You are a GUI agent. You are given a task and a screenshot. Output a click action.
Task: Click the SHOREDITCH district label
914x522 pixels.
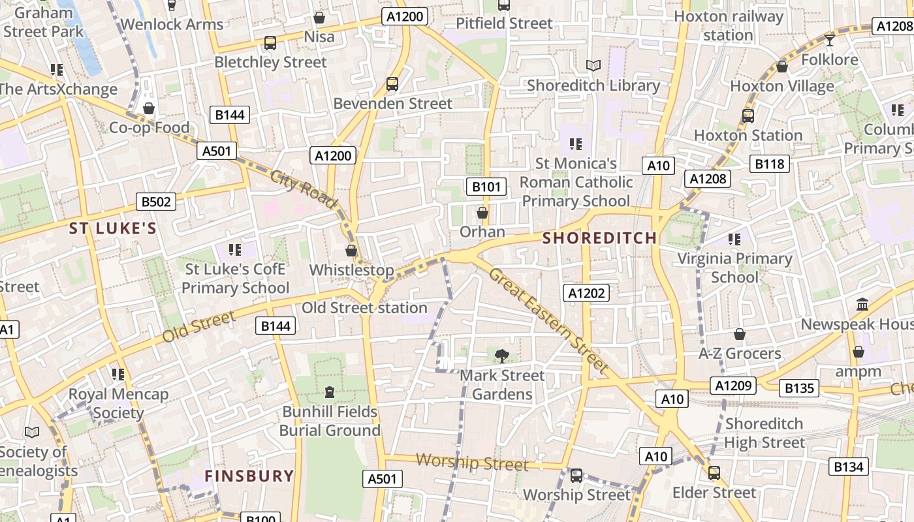click(599, 238)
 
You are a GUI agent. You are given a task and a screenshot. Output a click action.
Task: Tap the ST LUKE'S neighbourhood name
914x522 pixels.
click(113, 228)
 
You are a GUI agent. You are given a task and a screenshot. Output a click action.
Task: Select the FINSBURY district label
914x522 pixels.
click(249, 476)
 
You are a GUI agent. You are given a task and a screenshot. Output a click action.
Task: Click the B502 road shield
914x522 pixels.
click(156, 202)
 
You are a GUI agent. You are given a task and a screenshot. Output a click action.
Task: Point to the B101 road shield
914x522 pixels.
click(486, 187)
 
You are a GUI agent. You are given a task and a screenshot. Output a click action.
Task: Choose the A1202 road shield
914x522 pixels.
click(587, 294)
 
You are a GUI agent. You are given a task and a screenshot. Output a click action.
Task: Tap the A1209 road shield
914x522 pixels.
click(734, 386)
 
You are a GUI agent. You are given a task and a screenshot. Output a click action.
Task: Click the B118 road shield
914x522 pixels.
click(770, 164)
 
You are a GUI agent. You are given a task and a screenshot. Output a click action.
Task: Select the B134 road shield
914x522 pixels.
click(849, 467)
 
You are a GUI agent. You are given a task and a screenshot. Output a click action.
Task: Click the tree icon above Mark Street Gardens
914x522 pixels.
click(501, 356)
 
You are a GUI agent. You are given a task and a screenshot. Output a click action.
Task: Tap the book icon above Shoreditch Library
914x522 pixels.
click(593, 66)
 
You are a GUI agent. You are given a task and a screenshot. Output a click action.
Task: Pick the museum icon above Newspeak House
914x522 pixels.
click(862, 305)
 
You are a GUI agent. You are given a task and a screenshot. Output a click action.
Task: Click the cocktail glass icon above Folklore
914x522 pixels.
click(829, 40)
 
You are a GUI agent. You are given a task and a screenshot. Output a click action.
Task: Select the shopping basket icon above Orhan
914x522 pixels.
click(482, 213)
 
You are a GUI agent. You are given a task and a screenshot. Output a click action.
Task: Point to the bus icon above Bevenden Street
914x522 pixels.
click(392, 84)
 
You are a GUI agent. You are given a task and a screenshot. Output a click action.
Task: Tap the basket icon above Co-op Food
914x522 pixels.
click(149, 108)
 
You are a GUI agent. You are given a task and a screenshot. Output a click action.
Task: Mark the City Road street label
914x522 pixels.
click(304, 190)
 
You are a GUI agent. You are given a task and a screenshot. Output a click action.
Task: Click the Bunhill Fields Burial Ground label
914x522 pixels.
click(330, 421)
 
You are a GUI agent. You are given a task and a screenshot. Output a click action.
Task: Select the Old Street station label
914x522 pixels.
click(364, 308)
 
